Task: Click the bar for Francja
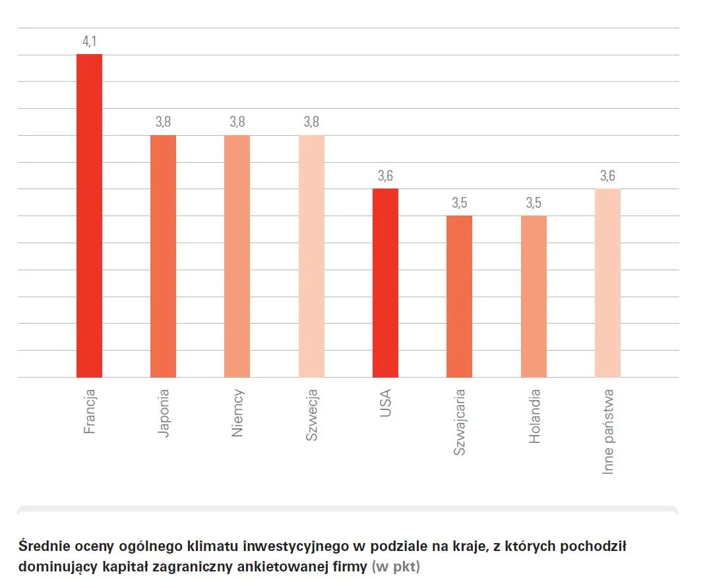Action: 89,216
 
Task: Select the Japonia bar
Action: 163,256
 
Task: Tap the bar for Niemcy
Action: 237,256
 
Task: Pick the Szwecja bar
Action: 311,256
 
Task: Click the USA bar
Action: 385,283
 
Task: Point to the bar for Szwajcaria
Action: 459,296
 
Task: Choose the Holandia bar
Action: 534,296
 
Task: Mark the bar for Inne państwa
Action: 607,283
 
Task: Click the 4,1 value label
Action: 89,42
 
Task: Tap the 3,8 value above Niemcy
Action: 237,122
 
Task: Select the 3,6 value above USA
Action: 385,176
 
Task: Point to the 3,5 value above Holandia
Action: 534,203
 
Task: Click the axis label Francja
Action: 90,412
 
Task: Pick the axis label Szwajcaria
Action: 460,422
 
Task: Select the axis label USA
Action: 386,402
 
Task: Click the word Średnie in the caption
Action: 42,546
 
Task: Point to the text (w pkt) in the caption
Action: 396,565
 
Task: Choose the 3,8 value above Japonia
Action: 163,122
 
